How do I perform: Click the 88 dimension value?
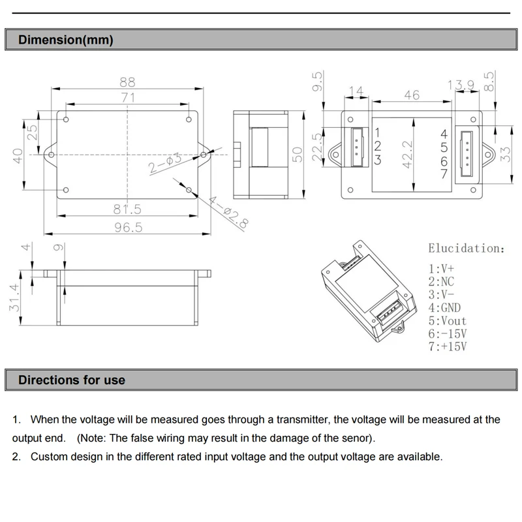(127, 82)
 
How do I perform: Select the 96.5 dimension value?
(128, 227)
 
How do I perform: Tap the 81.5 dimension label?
(127, 209)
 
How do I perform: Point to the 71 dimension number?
(128, 97)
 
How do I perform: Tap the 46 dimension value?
(412, 95)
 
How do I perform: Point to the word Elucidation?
(466, 249)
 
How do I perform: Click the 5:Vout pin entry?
(448, 320)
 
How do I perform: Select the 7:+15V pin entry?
(448, 346)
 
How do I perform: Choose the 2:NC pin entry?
(441, 281)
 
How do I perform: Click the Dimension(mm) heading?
(65, 40)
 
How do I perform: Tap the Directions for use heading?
(72, 380)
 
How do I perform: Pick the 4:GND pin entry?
(444, 307)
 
